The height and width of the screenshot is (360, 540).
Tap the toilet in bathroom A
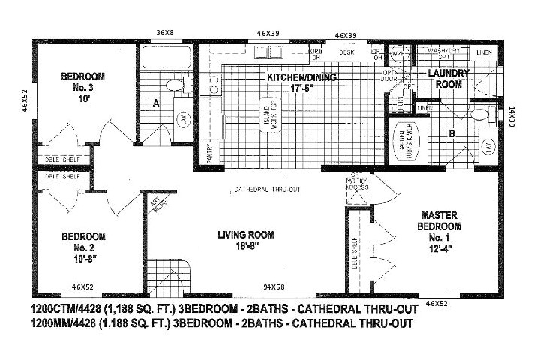tap(177, 85)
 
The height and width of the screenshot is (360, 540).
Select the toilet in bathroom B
tap(480, 115)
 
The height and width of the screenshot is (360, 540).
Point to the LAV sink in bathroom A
tap(182, 118)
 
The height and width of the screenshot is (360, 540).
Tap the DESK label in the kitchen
tap(346, 52)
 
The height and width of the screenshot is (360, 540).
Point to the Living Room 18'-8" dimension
tap(238, 245)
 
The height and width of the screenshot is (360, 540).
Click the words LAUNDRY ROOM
tap(448, 79)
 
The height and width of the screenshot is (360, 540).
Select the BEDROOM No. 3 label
tap(82, 87)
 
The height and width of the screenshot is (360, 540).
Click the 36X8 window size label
tap(164, 32)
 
